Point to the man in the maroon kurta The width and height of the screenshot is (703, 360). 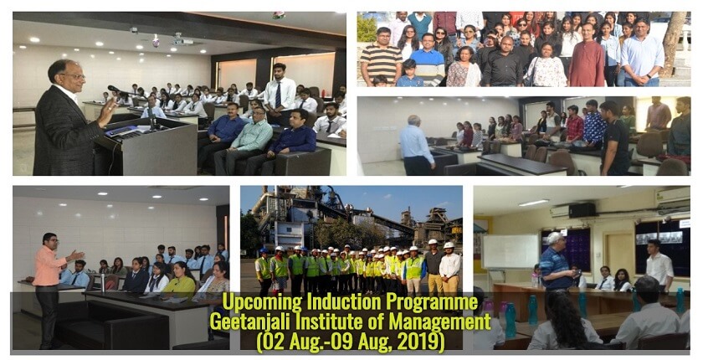click(587, 56)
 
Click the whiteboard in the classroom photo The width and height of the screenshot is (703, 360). click(511, 251)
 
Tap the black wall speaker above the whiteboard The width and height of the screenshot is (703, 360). click(582, 210)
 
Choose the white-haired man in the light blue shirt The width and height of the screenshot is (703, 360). click(416, 144)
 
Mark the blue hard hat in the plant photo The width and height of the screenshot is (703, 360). click(264, 250)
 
